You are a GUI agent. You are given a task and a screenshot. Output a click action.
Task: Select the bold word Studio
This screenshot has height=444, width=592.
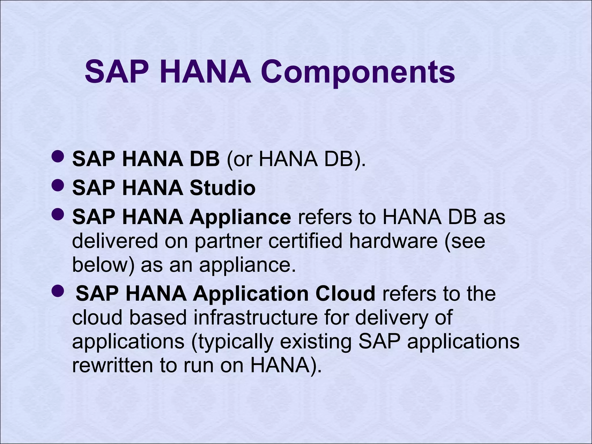coord(222,188)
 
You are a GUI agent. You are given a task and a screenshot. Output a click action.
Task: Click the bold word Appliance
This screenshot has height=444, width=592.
coord(240,217)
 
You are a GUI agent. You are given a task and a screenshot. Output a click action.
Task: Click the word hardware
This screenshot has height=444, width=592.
coord(393,241)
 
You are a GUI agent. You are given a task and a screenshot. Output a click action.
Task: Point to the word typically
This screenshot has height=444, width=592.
coord(232,342)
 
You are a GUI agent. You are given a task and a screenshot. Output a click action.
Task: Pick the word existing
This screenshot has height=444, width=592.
coord(316,342)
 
